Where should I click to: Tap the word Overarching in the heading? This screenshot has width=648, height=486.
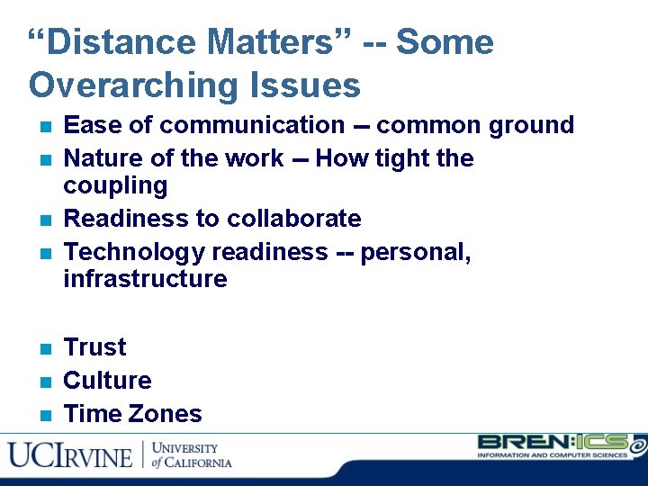pyautogui.click(x=132, y=86)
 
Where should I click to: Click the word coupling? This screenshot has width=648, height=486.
pyautogui.click(x=115, y=186)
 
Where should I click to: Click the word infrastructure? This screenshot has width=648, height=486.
pyautogui.click(x=145, y=279)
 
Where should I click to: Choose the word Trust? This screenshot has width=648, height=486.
pyautogui.click(x=95, y=347)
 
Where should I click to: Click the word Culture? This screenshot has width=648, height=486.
pyautogui.click(x=107, y=381)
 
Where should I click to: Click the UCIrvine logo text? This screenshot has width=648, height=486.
pyautogui.click(x=70, y=455)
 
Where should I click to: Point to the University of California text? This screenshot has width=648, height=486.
pyautogui.click(x=191, y=455)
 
